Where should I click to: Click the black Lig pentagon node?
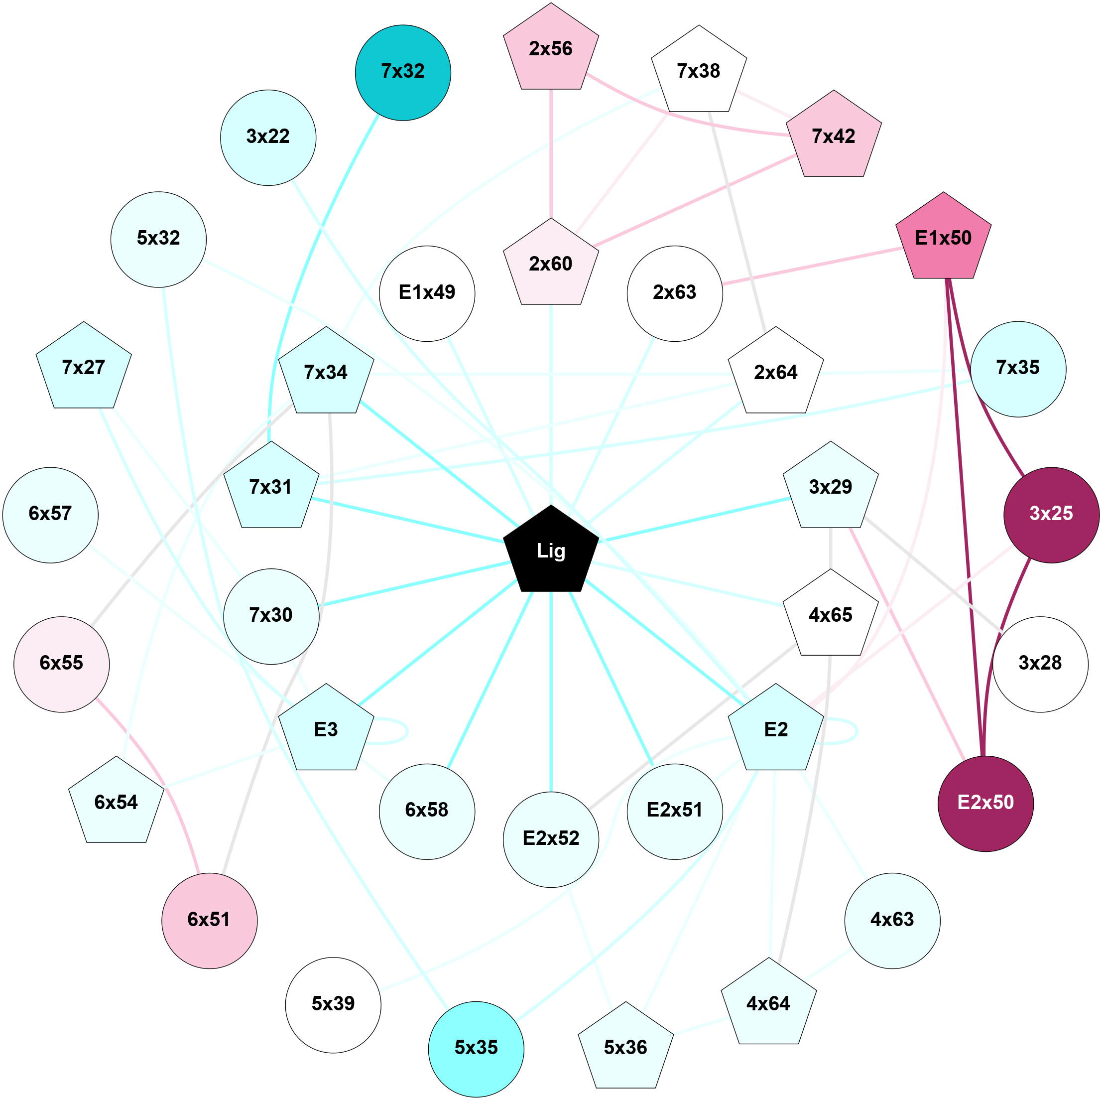(550, 550)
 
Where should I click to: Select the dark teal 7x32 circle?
(403, 72)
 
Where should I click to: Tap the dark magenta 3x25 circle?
(1051, 514)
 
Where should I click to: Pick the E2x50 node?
(985, 803)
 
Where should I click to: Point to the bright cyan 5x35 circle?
(476, 1048)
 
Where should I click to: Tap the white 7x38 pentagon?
(698, 71)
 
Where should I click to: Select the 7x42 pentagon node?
(833, 137)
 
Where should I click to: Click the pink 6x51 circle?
(209, 920)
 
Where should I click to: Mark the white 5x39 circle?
(333, 1003)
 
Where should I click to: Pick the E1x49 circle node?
(427, 293)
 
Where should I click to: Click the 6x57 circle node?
(50, 514)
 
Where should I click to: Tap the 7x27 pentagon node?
(83, 368)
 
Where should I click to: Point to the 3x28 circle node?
(1040, 664)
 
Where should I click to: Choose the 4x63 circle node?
(891, 920)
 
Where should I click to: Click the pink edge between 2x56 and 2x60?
(550, 154)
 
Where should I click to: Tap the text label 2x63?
(674, 293)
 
